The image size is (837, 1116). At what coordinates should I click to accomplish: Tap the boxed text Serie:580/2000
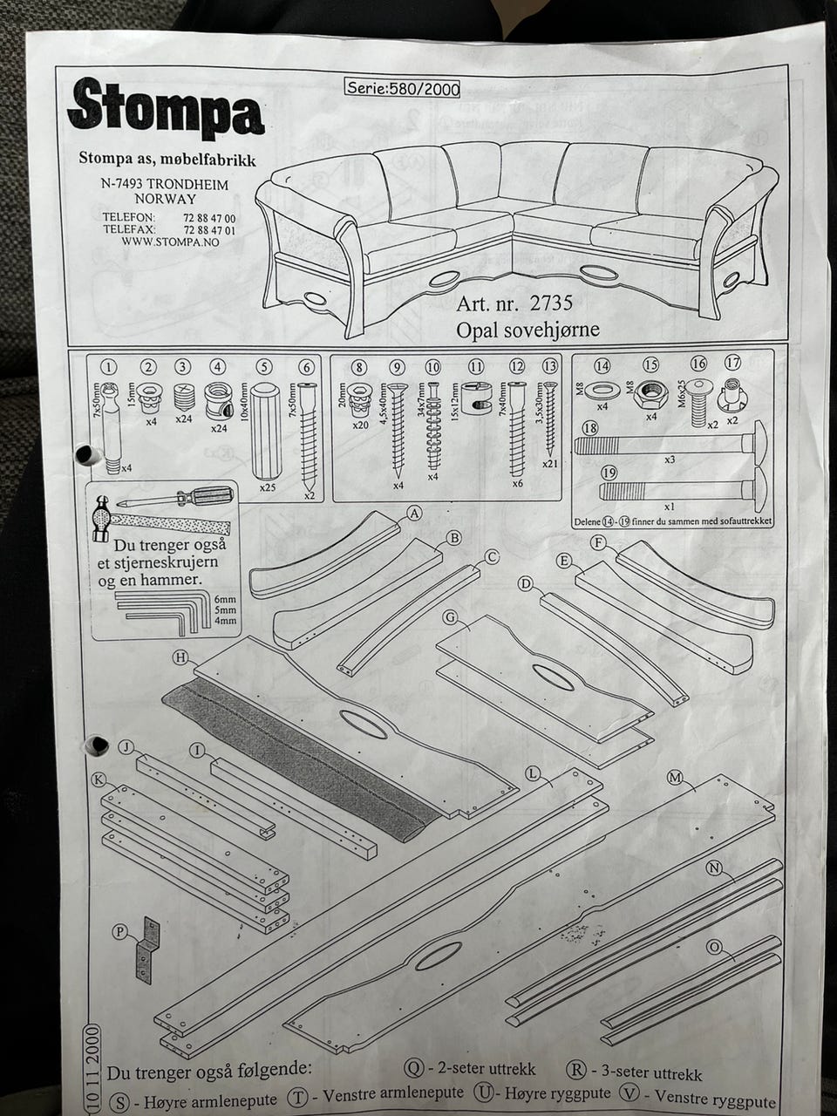(402, 87)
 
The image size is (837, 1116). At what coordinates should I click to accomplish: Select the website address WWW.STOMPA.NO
(170, 242)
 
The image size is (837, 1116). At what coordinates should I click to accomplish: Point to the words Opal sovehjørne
(527, 330)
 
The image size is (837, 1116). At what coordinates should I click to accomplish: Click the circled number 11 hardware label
(476, 367)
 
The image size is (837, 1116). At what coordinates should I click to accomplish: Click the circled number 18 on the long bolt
(591, 428)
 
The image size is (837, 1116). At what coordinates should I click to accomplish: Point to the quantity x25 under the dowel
(267, 487)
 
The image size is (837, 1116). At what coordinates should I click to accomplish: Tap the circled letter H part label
(181, 657)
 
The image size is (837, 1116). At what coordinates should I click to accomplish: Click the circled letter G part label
(451, 617)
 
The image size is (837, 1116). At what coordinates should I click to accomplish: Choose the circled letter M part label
(674, 778)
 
